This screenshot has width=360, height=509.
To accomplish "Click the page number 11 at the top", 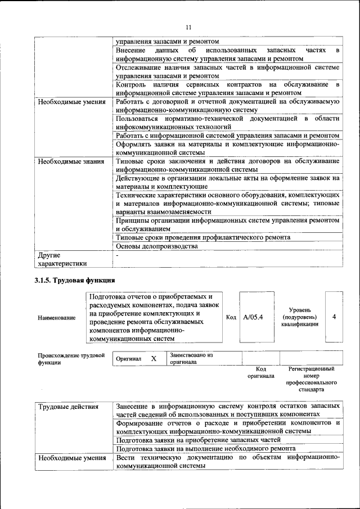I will pyautogui.click(x=188, y=27).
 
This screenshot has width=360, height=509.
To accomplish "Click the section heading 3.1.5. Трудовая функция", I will pyautogui.click(x=75, y=280).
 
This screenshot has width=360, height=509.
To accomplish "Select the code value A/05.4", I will pyautogui.click(x=253, y=317).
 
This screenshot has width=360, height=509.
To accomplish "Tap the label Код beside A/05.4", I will pyautogui.click(x=231, y=317).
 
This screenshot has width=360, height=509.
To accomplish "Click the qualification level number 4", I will pyautogui.click(x=334, y=317).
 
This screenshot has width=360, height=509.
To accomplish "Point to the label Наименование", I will pyautogui.click(x=57, y=318).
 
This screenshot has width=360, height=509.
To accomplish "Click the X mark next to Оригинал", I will pyautogui.click(x=153, y=358).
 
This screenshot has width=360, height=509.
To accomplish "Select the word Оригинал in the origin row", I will pyautogui.click(x=128, y=358).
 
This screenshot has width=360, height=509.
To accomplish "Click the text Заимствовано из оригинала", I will pyautogui.click(x=191, y=359).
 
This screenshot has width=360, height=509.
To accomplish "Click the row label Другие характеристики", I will pyautogui.click(x=62, y=259).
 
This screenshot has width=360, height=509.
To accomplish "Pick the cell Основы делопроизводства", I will pyautogui.click(x=157, y=246).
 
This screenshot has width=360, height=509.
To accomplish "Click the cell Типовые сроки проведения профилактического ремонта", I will pyautogui.click(x=203, y=237).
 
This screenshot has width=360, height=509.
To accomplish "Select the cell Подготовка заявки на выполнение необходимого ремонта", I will pyautogui.click(x=206, y=448).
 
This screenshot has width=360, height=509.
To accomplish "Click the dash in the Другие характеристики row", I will pyautogui.click(x=117, y=255).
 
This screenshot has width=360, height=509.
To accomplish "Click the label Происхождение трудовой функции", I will pyautogui.click(x=71, y=359).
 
